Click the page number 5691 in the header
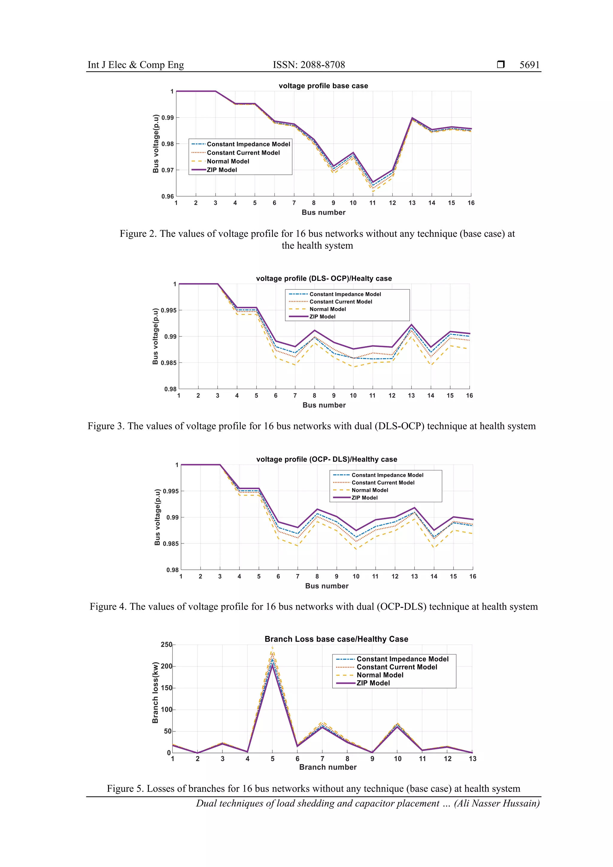click(x=529, y=65)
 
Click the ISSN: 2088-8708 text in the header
click(x=309, y=65)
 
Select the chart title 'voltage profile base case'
click(x=323, y=86)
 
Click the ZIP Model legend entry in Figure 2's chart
click(x=222, y=170)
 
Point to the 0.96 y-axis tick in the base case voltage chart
click(x=168, y=196)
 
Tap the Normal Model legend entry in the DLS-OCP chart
click(x=327, y=309)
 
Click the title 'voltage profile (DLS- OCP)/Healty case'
click(x=324, y=278)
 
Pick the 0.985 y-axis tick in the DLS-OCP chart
click(x=168, y=363)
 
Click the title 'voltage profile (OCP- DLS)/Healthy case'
click(x=327, y=459)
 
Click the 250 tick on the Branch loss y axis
click(x=166, y=645)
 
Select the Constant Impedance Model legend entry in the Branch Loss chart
click(x=402, y=659)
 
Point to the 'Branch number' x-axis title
click(x=327, y=767)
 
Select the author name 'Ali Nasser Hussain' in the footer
click(x=496, y=803)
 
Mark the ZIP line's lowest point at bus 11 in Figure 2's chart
click(x=373, y=182)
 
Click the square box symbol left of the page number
click(x=500, y=65)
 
